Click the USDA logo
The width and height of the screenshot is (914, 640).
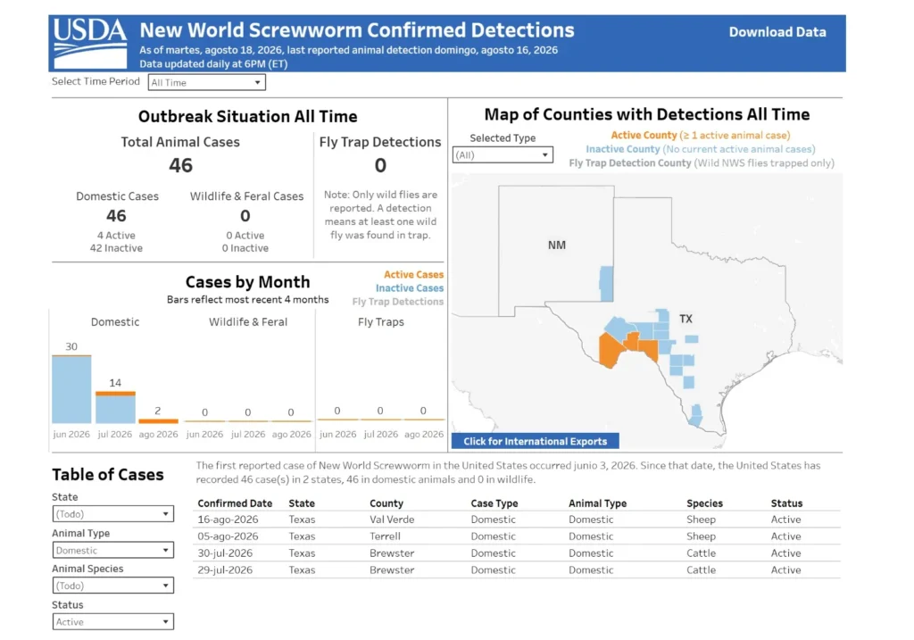click(90, 43)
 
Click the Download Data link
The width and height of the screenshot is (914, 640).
click(777, 32)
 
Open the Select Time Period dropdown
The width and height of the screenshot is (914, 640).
click(206, 82)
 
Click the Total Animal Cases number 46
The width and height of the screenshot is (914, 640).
click(180, 165)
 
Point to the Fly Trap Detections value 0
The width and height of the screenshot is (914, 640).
click(380, 165)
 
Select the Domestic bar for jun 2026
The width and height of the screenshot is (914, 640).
click(71, 389)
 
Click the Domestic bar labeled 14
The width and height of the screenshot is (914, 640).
click(115, 407)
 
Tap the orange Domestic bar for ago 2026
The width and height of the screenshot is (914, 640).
click(158, 420)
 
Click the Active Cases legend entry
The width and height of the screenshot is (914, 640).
click(413, 275)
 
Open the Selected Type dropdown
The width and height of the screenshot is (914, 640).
click(503, 155)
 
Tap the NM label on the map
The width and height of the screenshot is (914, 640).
click(557, 245)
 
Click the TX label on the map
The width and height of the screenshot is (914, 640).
click(685, 319)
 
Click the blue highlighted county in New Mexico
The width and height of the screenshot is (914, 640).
click(606, 283)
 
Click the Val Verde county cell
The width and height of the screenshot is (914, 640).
click(392, 519)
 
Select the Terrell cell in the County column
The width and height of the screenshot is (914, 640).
click(385, 536)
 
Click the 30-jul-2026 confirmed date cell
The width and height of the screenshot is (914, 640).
click(225, 553)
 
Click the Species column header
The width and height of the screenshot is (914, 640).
click(704, 503)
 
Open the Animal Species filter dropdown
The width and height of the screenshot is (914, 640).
click(113, 586)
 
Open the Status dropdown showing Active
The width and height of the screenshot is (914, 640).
click(113, 622)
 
